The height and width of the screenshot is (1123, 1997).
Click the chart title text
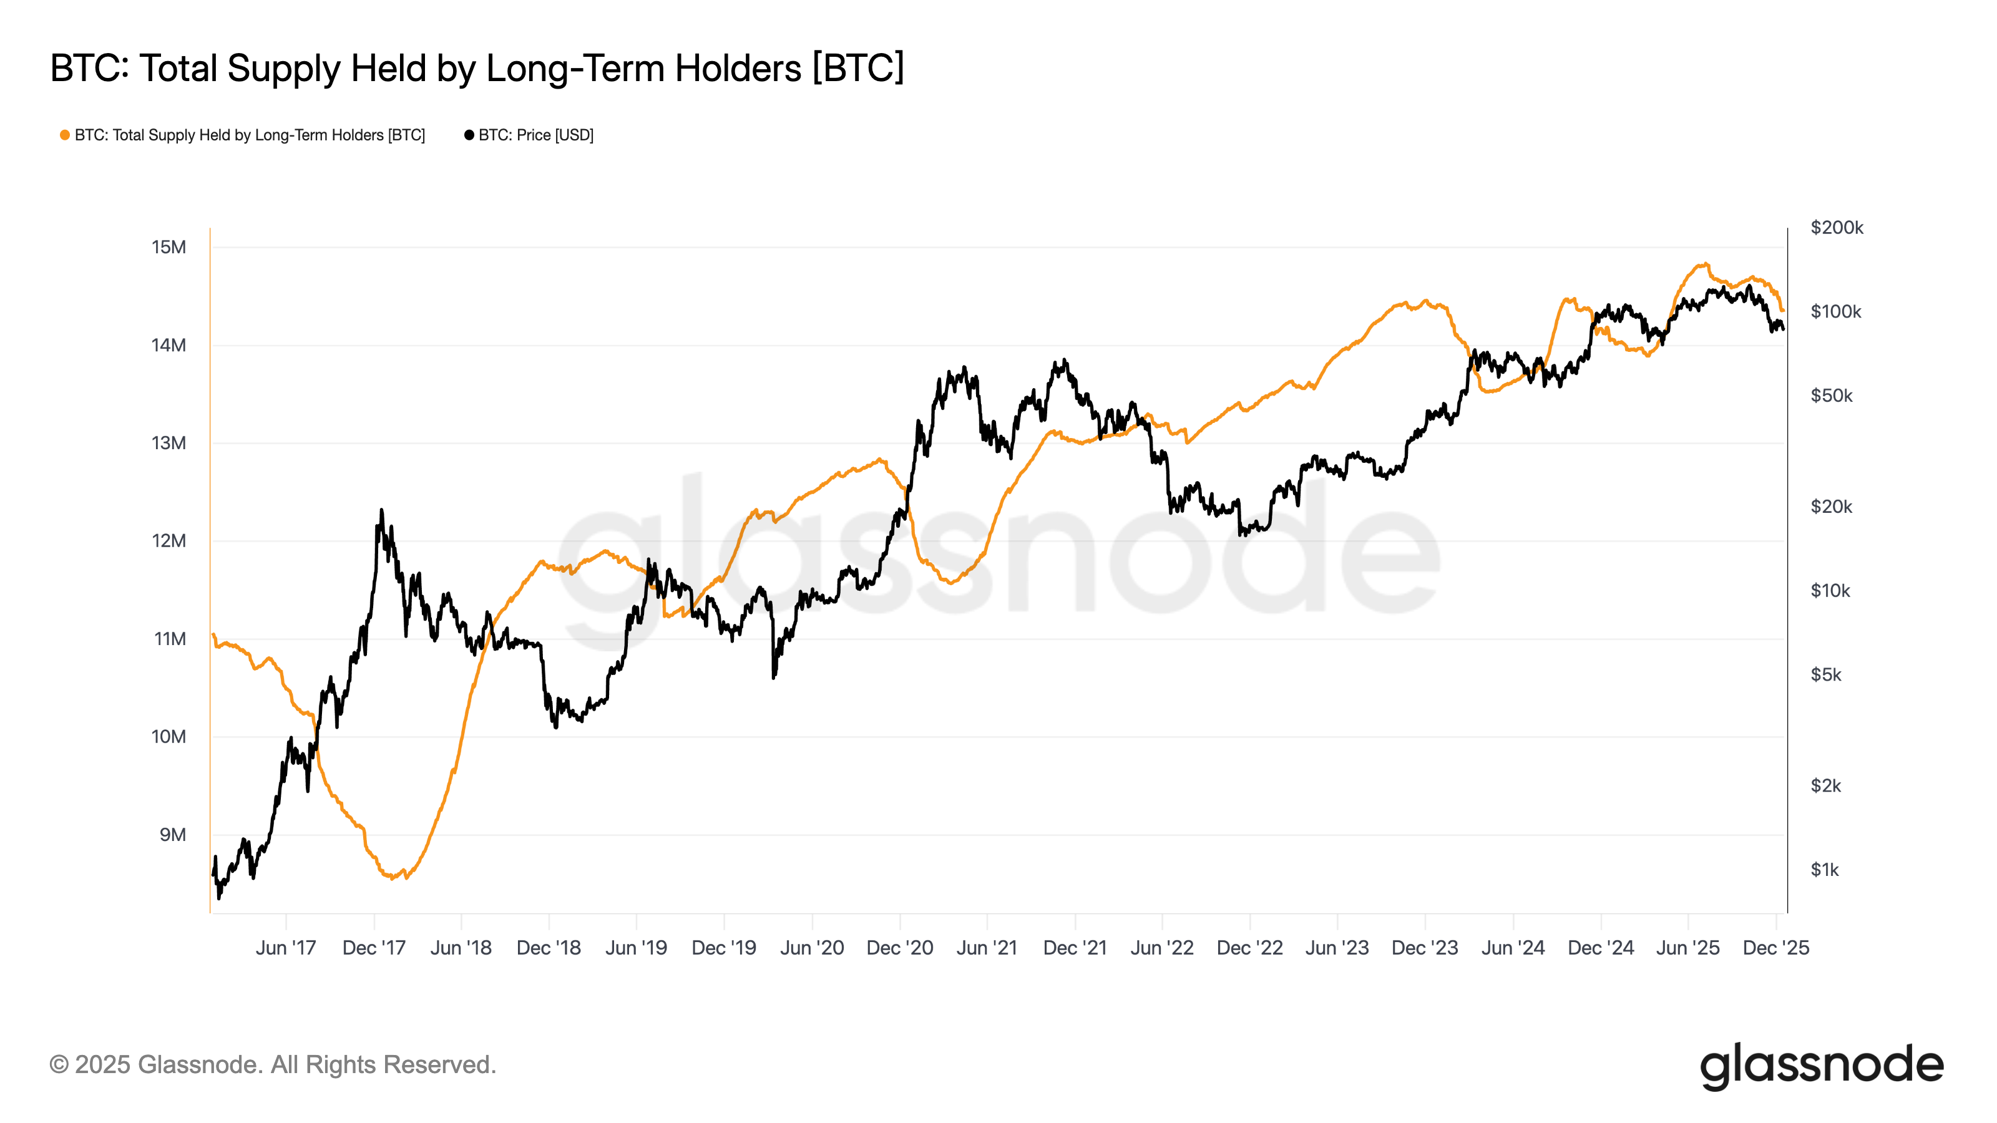477,68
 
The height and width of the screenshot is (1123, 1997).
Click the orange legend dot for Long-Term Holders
65,135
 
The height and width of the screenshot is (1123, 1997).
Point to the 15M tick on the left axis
168,247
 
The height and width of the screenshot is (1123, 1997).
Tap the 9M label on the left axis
172,835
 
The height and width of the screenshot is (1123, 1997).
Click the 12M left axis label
168,540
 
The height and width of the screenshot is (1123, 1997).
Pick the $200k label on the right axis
1836,228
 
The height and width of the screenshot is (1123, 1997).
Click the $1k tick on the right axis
1824,870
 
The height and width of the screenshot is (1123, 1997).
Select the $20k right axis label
1830,507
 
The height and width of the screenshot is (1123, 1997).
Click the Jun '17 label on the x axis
285,948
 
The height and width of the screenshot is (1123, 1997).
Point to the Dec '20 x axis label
899,948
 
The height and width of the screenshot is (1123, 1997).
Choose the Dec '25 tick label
1775,948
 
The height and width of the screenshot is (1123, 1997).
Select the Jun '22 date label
1161,948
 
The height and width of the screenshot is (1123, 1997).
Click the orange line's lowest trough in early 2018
393,878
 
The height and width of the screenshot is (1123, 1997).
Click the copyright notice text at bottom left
272,1065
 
